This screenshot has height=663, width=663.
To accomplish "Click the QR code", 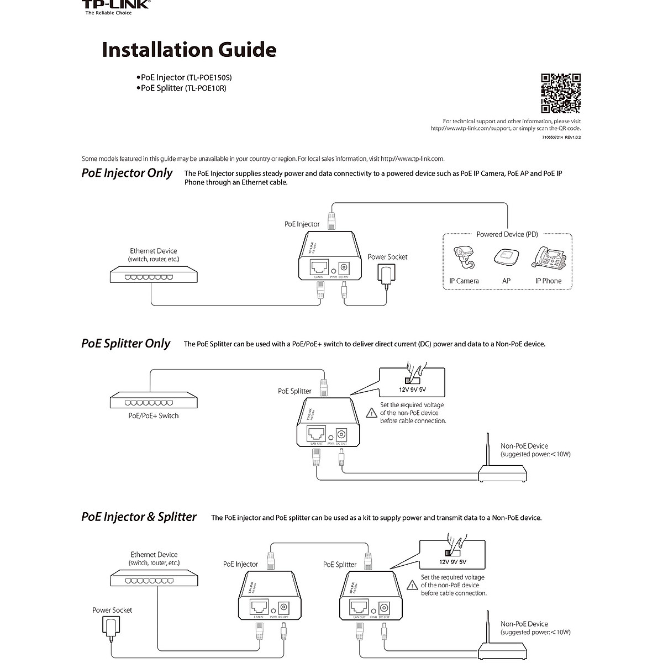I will point(560,93).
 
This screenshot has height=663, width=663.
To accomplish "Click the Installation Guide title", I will point(189,50).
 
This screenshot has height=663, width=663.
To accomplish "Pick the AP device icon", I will point(506,258).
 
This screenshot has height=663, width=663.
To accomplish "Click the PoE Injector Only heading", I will point(127,173).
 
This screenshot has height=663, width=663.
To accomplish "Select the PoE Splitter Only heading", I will point(126,344).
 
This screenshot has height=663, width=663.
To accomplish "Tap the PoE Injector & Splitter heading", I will point(139,517).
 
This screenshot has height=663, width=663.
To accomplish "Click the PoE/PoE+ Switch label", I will point(154,416).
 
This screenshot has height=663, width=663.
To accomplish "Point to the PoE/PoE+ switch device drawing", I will point(154,400).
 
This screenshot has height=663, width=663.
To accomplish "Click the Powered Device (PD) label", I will point(507,234).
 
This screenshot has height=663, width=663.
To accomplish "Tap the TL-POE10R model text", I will point(206,88).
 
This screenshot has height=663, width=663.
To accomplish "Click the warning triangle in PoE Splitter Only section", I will point(372,413).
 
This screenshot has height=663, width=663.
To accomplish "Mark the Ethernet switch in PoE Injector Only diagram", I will point(154,275).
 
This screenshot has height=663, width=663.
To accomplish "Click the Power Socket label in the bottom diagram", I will point(112,611).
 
